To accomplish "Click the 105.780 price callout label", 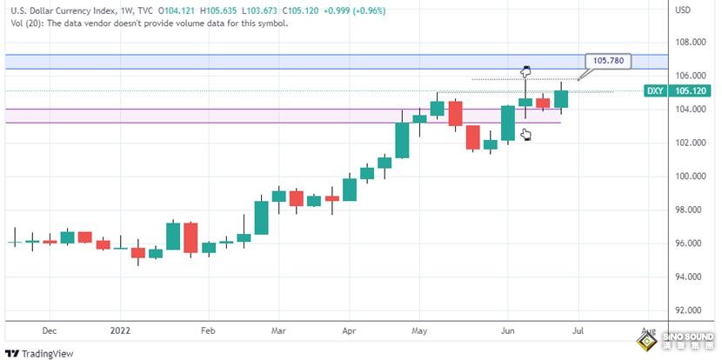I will (608, 61).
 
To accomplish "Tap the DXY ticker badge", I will (656, 90).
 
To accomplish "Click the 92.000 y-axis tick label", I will (690, 310).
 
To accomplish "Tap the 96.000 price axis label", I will (690, 243).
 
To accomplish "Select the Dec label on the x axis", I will (49, 331).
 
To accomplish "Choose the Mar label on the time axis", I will (278, 331).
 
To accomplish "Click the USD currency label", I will (683, 10).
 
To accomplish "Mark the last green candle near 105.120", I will (561, 93).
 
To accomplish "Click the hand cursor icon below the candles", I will (525, 134).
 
